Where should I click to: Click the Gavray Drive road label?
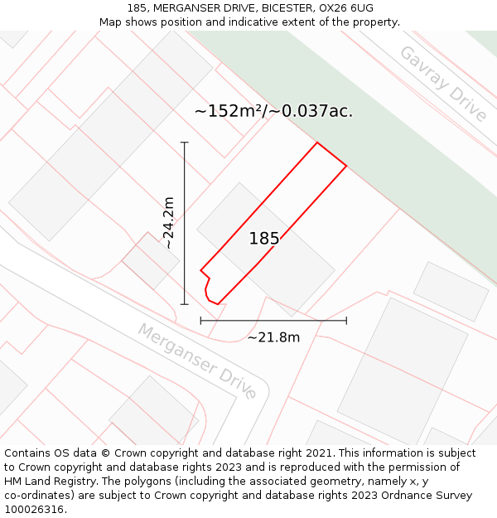pos(443,84)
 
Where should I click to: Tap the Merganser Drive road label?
pos(197,361)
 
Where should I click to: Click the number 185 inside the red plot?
pos(264,239)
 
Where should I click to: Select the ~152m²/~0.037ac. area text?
pos(273,111)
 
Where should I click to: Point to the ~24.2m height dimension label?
pos(168,223)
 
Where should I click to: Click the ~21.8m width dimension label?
pos(273,337)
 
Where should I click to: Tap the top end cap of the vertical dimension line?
pos(184,143)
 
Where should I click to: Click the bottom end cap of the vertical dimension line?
pos(184,304)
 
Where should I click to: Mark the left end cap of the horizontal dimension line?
pos(200,320)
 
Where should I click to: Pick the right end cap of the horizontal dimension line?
pos(346,320)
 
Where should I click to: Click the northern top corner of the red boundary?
pos(317,143)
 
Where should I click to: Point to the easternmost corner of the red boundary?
pos(346,165)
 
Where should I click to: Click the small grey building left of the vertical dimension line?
pos(150,260)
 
